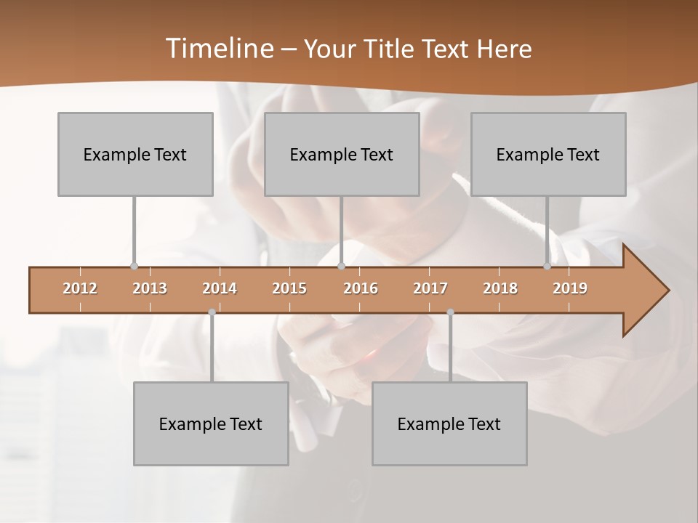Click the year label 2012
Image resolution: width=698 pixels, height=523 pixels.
point(80,288)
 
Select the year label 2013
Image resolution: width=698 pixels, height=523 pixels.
point(150,288)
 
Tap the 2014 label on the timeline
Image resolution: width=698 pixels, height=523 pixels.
point(220,288)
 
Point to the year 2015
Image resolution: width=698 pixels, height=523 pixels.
point(289,288)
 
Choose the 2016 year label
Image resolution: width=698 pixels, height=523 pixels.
point(361,288)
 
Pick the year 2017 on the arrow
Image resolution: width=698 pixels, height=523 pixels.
point(430,288)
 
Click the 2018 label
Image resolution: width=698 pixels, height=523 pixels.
point(500,288)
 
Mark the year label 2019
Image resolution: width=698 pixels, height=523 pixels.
point(570,288)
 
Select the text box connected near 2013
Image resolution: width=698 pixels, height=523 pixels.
point(135,154)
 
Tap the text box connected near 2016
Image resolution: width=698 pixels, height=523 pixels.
point(342,154)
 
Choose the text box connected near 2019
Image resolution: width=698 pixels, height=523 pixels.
point(548,154)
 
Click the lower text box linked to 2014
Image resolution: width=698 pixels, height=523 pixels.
point(211,423)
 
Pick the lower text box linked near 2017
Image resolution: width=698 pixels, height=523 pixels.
point(449,423)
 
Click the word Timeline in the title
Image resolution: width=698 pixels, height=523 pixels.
point(218,49)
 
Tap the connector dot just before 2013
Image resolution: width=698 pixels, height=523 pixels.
point(134,267)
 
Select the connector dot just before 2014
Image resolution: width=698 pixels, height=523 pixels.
point(212,312)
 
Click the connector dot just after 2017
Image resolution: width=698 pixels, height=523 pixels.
point(450,312)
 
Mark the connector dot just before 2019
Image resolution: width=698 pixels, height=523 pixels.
point(547,267)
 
